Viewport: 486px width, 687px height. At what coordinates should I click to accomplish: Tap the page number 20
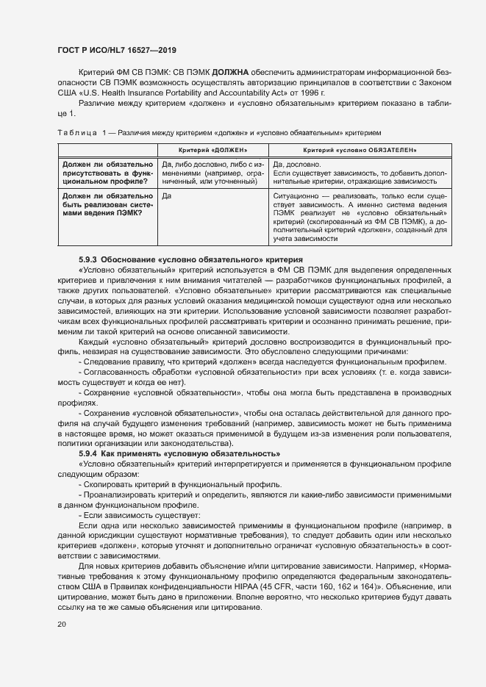(x=62, y=624)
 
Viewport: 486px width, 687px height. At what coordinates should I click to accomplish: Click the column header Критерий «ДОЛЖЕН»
(x=212, y=150)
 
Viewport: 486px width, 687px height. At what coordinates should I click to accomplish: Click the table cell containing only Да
(x=166, y=196)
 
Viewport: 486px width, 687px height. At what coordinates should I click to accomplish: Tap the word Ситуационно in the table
(x=297, y=196)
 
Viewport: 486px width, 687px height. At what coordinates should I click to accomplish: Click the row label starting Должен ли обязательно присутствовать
(x=107, y=173)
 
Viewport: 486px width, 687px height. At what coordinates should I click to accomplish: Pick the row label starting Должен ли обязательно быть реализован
(x=107, y=204)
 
